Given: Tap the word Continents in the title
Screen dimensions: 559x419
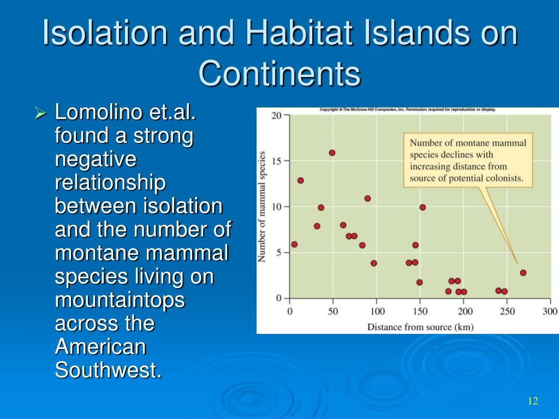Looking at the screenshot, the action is point(280,74).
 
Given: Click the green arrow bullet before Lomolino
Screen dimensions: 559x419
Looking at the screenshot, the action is point(40,113).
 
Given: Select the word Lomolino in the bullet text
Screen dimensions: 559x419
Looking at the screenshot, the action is point(99,112).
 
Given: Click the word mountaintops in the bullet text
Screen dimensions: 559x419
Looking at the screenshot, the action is point(120,301).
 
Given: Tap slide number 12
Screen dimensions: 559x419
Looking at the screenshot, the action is point(533,401).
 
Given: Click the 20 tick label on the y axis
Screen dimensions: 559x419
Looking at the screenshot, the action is point(276,116).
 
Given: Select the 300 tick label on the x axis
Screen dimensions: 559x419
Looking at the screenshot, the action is point(549,312).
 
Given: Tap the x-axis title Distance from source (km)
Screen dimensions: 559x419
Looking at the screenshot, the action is point(420,327).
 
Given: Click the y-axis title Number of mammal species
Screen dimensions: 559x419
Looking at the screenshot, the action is point(262,207).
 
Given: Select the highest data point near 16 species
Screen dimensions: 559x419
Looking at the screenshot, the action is point(332,153).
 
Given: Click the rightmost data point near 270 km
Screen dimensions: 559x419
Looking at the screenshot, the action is point(523,273).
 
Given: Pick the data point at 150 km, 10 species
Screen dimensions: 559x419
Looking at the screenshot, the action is point(423,207).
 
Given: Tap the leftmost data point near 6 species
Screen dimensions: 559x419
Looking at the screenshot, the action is point(294,244).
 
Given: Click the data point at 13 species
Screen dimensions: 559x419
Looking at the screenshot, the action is point(301,181).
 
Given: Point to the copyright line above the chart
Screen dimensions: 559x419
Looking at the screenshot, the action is point(407,110).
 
